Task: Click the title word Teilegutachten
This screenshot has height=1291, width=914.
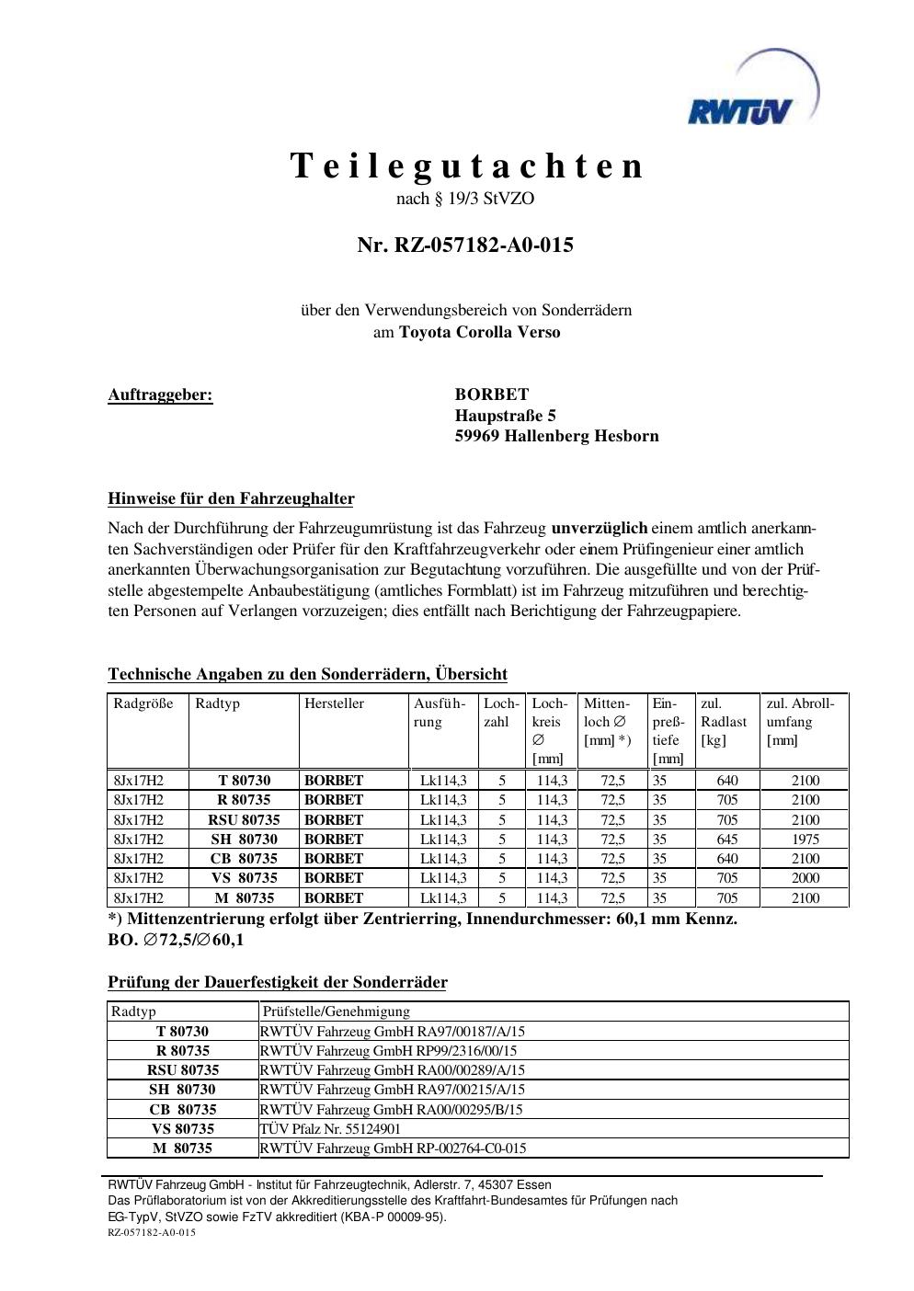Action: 467,166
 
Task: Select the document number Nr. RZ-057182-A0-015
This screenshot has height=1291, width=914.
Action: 465,246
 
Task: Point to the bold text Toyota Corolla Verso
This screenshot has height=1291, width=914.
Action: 479,332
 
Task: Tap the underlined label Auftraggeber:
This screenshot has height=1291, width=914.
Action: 160,395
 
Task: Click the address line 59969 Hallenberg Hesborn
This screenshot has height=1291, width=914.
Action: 556,436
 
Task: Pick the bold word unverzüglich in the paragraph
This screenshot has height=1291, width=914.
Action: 599,529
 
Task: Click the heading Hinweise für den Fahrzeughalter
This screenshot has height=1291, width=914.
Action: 231,499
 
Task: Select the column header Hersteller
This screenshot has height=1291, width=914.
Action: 334,703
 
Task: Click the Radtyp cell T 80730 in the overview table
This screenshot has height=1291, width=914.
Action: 244,781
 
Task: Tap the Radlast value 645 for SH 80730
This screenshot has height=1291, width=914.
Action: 726,840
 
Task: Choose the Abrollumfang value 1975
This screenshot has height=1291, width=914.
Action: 805,840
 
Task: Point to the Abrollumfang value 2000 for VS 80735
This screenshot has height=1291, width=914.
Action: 805,878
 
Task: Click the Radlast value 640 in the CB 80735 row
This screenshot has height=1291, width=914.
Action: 726,859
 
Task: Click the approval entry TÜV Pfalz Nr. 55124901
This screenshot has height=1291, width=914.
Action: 330,1128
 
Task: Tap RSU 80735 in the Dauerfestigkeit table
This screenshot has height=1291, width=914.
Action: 183,1070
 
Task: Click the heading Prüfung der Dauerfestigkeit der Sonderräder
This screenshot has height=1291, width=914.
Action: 278,983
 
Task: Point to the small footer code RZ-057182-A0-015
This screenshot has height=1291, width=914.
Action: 152,1232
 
